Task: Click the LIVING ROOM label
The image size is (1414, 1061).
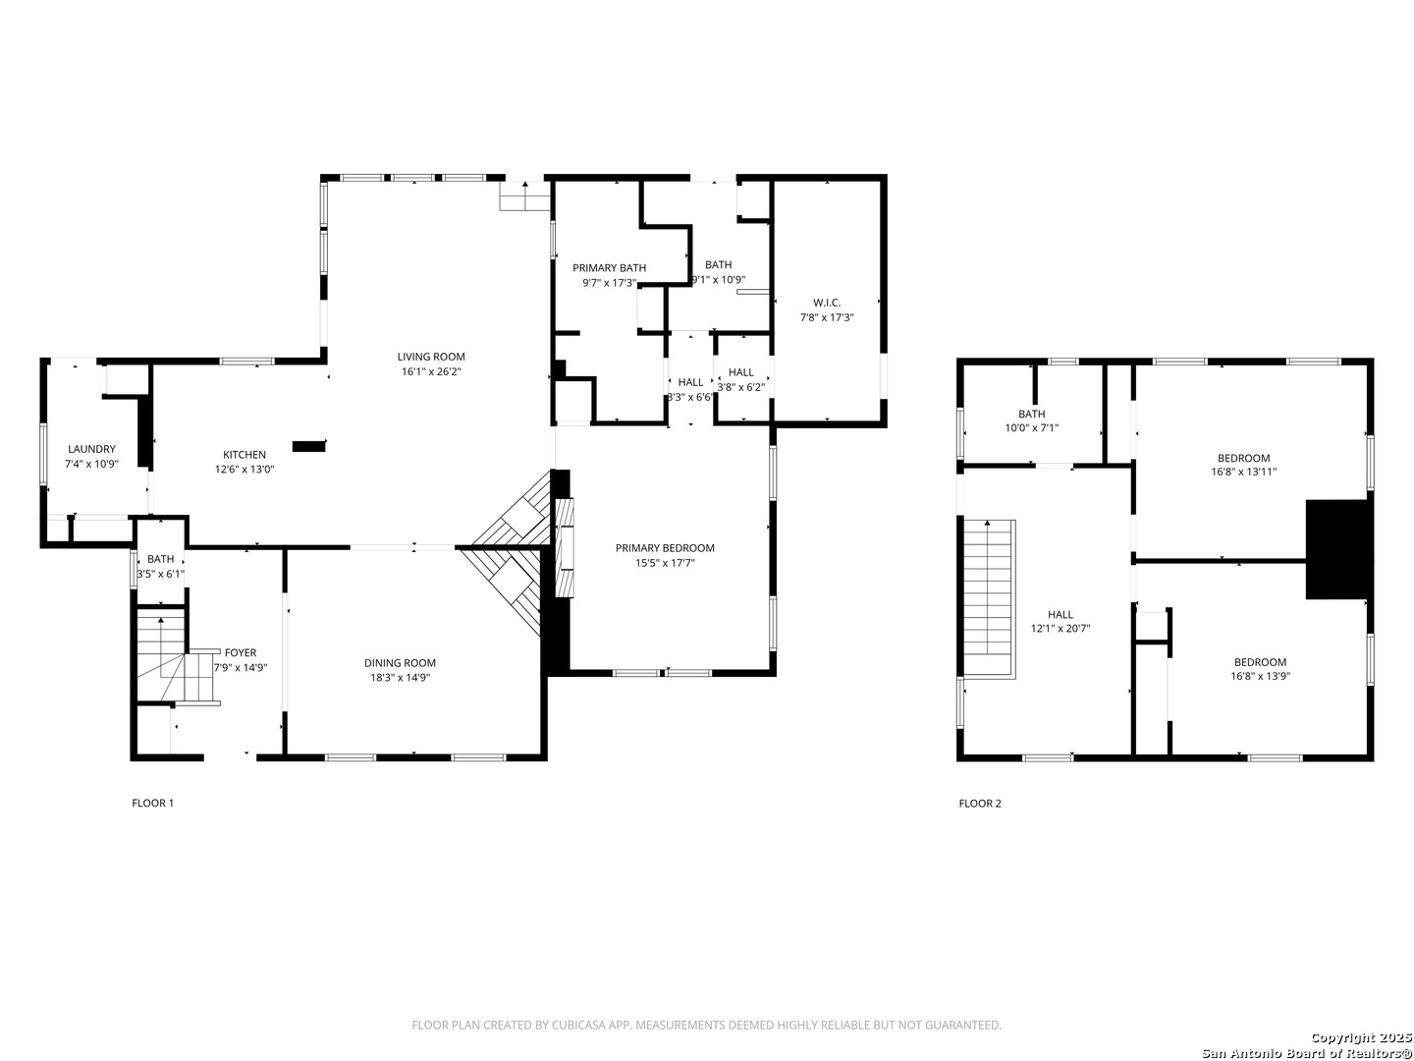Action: (x=430, y=357)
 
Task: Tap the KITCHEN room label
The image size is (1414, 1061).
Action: (x=245, y=455)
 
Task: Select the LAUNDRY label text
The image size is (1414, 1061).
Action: (x=91, y=449)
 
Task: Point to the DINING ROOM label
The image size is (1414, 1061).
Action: (x=400, y=663)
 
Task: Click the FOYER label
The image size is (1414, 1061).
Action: (x=241, y=652)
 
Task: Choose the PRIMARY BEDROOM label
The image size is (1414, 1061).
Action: (x=664, y=548)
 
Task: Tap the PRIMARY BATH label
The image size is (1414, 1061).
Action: (x=609, y=268)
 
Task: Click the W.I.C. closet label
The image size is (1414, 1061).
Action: (x=827, y=303)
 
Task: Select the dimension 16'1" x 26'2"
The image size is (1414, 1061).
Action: (x=430, y=371)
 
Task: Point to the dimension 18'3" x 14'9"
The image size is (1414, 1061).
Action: (x=400, y=678)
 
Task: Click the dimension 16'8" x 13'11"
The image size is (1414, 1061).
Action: (x=1243, y=472)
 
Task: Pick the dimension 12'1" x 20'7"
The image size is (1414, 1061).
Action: (x=1060, y=629)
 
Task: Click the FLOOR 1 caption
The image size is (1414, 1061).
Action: (x=152, y=804)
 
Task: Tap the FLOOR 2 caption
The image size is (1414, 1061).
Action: (x=980, y=804)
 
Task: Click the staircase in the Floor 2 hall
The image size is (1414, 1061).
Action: (x=989, y=598)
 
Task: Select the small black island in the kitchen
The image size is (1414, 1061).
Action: (x=309, y=446)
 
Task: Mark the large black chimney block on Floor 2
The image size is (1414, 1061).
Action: (x=1335, y=549)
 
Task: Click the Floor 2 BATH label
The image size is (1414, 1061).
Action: (x=1031, y=415)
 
